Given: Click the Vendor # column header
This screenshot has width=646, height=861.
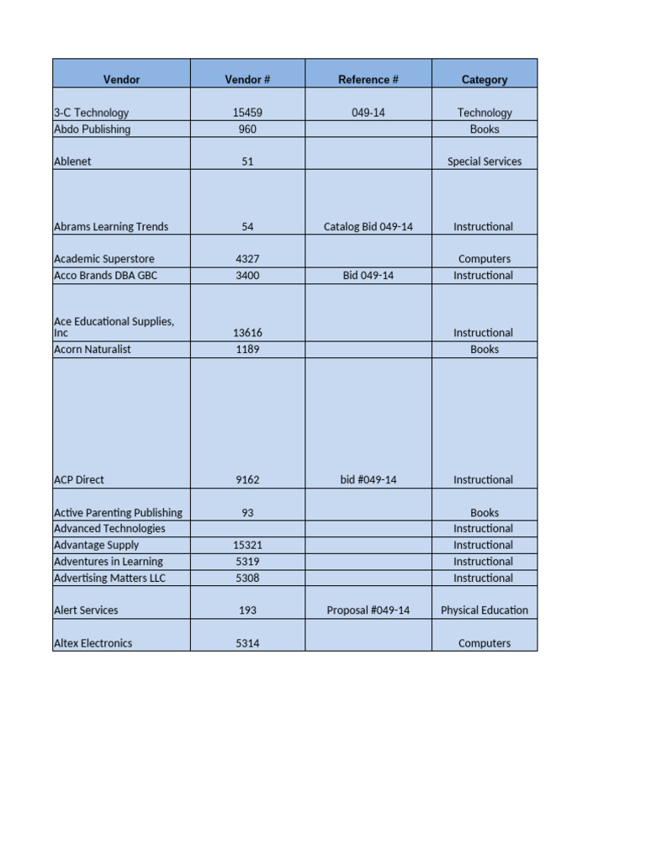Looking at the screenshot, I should click(247, 80).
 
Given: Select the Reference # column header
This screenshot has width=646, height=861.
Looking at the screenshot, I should click(368, 80).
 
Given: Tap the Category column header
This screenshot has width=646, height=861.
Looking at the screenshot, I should click(484, 80).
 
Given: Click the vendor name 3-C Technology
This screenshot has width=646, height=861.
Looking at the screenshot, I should click(92, 113).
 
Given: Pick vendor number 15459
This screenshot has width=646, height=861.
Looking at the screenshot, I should click(247, 113).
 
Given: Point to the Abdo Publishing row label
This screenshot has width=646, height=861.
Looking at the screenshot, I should click(93, 129).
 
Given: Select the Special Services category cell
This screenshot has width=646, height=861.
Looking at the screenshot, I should click(484, 161).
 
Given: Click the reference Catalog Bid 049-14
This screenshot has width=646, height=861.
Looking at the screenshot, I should click(368, 227).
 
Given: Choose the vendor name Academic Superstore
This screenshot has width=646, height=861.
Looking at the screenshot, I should click(104, 259).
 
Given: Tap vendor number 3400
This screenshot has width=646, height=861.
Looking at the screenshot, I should click(247, 276).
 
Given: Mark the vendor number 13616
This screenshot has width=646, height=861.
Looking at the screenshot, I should click(247, 333).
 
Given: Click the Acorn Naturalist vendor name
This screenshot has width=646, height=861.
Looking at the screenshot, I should click(93, 350).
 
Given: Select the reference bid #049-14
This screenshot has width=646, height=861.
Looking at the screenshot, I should click(368, 480).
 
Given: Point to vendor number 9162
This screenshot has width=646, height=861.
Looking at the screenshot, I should click(247, 480).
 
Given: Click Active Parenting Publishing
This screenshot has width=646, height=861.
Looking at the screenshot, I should click(118, 513).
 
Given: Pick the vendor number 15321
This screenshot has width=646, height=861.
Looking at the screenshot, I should click(247, 546).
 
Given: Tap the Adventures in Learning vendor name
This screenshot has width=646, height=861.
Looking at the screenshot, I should click(109, 562).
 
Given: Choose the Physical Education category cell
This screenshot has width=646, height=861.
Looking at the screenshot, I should click(484, 610).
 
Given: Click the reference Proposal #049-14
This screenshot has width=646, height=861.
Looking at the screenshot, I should click(368, 610).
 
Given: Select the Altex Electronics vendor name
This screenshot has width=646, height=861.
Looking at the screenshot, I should click(93, 643).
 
